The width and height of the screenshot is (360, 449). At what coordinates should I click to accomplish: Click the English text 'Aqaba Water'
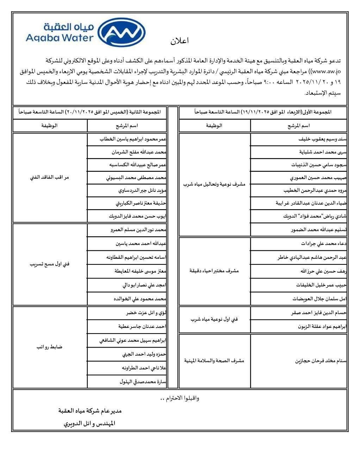pyautogui.click(x=60, y=37)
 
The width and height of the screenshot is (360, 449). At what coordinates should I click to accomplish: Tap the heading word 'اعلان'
pyautogui.click(x=180, y=41)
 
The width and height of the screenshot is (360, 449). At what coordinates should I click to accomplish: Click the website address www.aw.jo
pyautogui.click(x=329, y=72)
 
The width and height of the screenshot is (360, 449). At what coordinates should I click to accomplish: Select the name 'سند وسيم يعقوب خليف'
pyautogui.click(x=322, y=139)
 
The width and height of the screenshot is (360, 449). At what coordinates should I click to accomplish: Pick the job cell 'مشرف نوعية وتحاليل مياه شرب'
pyautogui.click(x=215, y=184)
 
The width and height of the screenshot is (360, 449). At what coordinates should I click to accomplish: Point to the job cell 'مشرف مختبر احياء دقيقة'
pyautogui.click(x=214, y=271)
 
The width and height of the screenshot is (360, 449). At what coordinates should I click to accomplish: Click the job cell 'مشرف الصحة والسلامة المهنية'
pyautogui.click(x=214, y=361)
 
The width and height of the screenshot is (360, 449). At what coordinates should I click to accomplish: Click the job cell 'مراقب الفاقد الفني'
pyautogui.click(x=50, y=177)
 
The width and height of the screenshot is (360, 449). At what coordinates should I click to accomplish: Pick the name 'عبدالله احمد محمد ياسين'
pyautogui.click(x=141, y=244)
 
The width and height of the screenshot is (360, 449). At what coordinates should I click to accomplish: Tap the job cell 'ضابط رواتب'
pyautogui.click(x=50, y=347)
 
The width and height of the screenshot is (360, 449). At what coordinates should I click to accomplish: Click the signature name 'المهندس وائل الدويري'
pyautogui.click(x=89, y=424)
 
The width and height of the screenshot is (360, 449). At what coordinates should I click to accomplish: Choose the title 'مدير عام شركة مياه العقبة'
pyautogui.click(x=90, y=411)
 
